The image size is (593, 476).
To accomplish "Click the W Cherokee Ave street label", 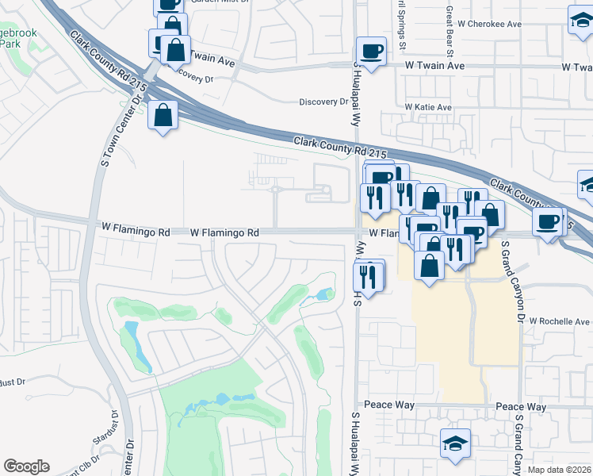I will tap(493, 24).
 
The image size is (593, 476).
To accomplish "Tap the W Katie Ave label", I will tap(428, 106).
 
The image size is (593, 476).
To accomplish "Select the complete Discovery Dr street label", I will tap(323, 102).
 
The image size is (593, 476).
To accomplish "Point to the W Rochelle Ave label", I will tap(560, 321).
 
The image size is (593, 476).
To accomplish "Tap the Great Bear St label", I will tap(450, 33).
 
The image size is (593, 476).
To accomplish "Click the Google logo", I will tap(26, 466).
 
